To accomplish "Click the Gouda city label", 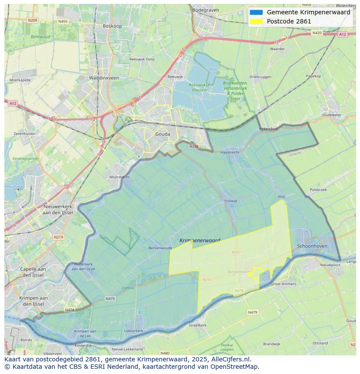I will coord(163,134).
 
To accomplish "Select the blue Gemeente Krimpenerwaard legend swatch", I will coord(256,12).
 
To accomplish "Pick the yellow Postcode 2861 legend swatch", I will coord(256,21).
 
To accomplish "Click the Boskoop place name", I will coord(112,26).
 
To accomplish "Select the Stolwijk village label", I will coord(230,201).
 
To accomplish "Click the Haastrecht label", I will coord(230,152).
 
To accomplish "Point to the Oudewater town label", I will coord(332,115).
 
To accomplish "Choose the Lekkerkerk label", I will coord(133,331).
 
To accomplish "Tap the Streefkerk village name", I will coord(197,325).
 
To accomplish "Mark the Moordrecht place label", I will coord(119,177).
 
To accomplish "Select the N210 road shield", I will coord(207,279).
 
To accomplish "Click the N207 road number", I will coord(236,252).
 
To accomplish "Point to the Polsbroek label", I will coord(318,190).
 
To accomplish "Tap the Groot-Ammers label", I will coord(283,284).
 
